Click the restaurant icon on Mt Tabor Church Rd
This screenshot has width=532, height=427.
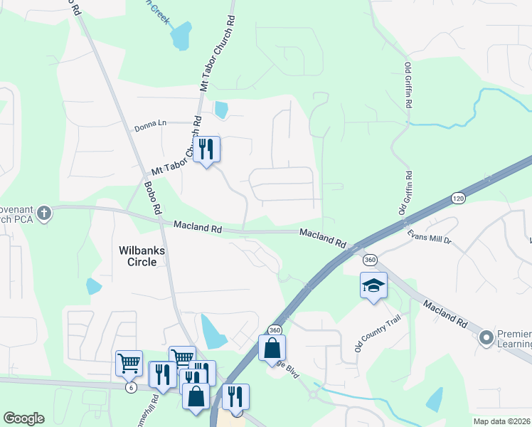207,149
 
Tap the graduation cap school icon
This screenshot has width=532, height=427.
373,286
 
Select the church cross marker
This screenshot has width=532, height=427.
44,213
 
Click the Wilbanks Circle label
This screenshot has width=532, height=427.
143,255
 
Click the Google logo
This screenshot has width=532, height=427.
23,418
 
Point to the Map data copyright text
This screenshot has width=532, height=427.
501,421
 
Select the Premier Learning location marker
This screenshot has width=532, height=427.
486,337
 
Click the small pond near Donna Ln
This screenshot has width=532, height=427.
221,110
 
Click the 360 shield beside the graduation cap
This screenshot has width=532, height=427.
370,260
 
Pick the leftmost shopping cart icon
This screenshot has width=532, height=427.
129,363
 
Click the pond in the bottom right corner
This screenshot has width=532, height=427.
435,401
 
